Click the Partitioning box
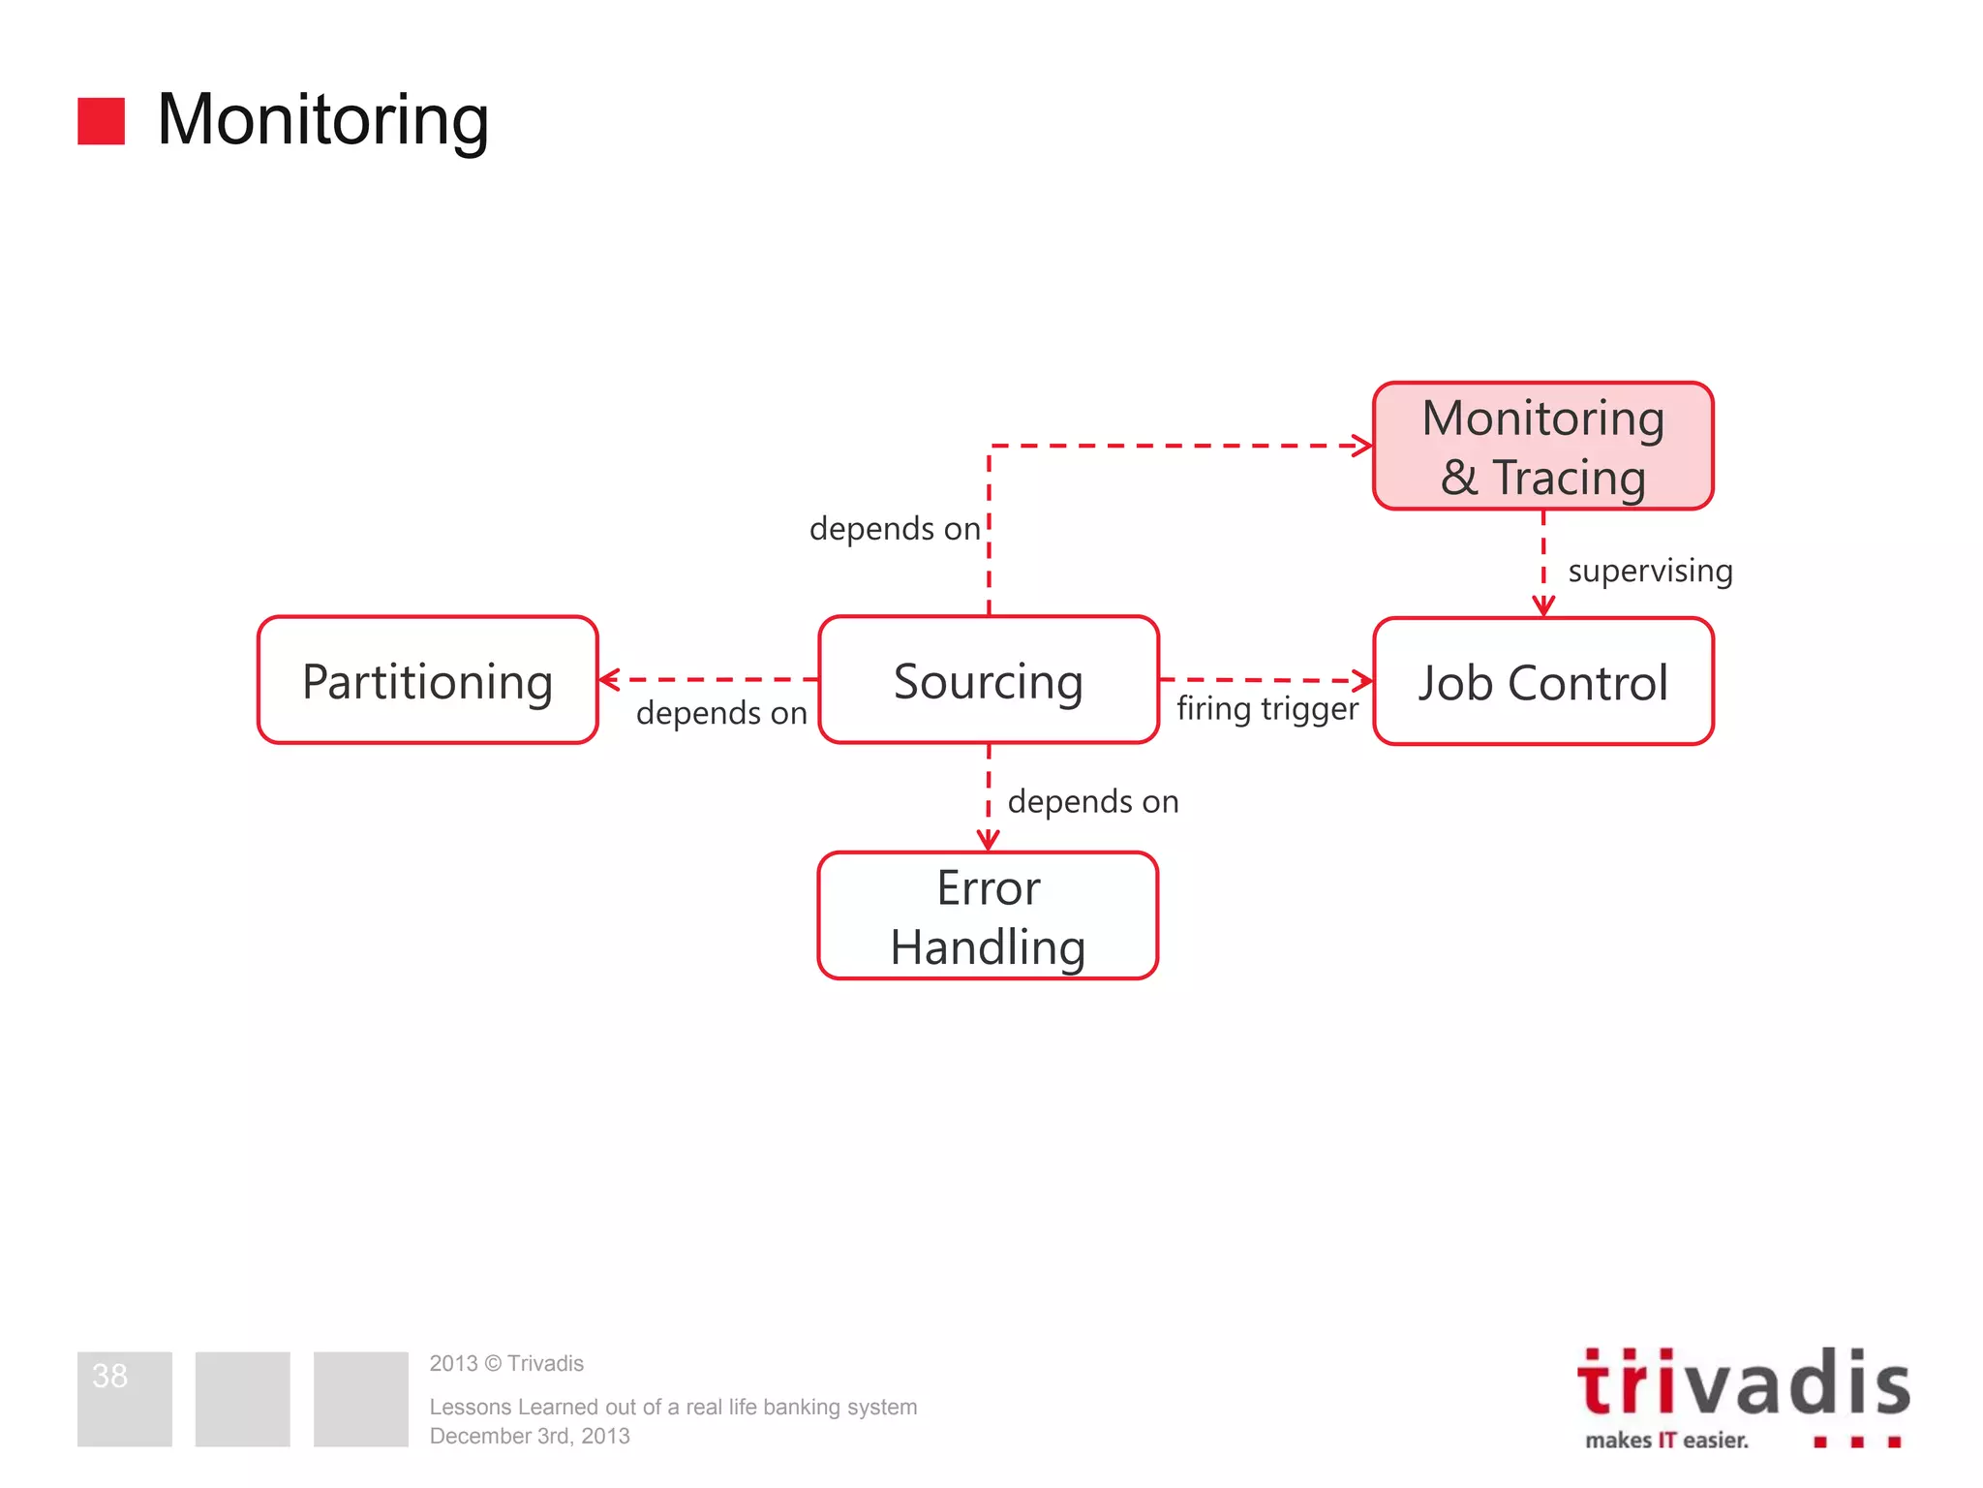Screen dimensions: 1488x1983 pyautogui.click(x=427, y=680)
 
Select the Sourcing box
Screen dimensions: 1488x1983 pyautogui.click(x=988, y=680)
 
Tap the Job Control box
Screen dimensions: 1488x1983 pyautogui.click(x=1542, y=681)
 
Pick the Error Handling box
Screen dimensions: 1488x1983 pyautogui.click(x=988, y=915)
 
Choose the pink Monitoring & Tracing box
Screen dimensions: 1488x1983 pyautogui.click(x=1542, y=446)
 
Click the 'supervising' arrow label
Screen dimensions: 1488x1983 pyautogui.click(x=1650, y=571)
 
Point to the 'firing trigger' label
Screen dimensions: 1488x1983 pyautogui.click(x=1266, y=709)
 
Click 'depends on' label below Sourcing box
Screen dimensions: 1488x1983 pyautogui.click(x=1092, y=802)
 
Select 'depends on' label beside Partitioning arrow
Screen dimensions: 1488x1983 pyautogui.click(x=721, y=713)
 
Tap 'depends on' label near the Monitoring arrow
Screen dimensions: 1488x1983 pyautogui.click(x=895, y=529)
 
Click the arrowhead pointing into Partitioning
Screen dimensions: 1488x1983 pyautogui.click(x=609, y=680)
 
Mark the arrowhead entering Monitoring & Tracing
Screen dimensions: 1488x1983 pyautogui.click(x=1362, y=446)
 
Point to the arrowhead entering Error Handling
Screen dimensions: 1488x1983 pyautogui.click(x=988, y=840)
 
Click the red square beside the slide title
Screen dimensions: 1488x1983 pyautogui.click(x=101, y=121)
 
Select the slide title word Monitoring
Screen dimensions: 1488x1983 pyautogui.click(x=322, y=120)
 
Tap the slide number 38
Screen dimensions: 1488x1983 pyautogui.click(x=109, y=1376)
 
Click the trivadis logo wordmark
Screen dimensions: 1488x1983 pyautogui.click(x=1743, y=1383)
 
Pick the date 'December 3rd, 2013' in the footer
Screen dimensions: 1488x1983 pyautogui.click(x=530, y=1436)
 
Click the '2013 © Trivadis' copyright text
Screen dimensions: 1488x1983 pyautogui.click(x=506, y=1363)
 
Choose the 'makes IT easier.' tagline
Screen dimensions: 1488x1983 pyautogui.click(x=1666, y=1441)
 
